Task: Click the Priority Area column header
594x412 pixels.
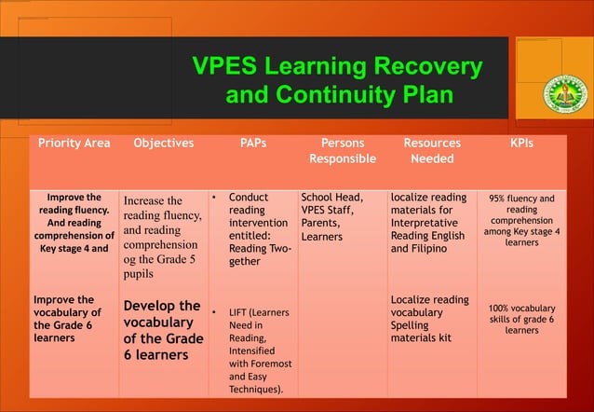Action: pos(74,144)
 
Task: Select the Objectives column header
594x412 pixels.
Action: pos(164,144)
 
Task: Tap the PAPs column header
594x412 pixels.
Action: pos(252,144)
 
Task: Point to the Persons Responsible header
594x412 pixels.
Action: pos(343,151)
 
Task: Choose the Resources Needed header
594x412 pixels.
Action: pos(432,151)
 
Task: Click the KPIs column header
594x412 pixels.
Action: pos(521,144)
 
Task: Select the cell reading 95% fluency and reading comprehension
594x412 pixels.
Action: pos(521,220)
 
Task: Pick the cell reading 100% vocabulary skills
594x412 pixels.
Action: pos(521,319)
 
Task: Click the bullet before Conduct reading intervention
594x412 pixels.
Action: pos(213,199)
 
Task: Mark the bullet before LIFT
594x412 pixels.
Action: pos(213,310)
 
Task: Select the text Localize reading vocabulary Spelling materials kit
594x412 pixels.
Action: pos(429,318)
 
